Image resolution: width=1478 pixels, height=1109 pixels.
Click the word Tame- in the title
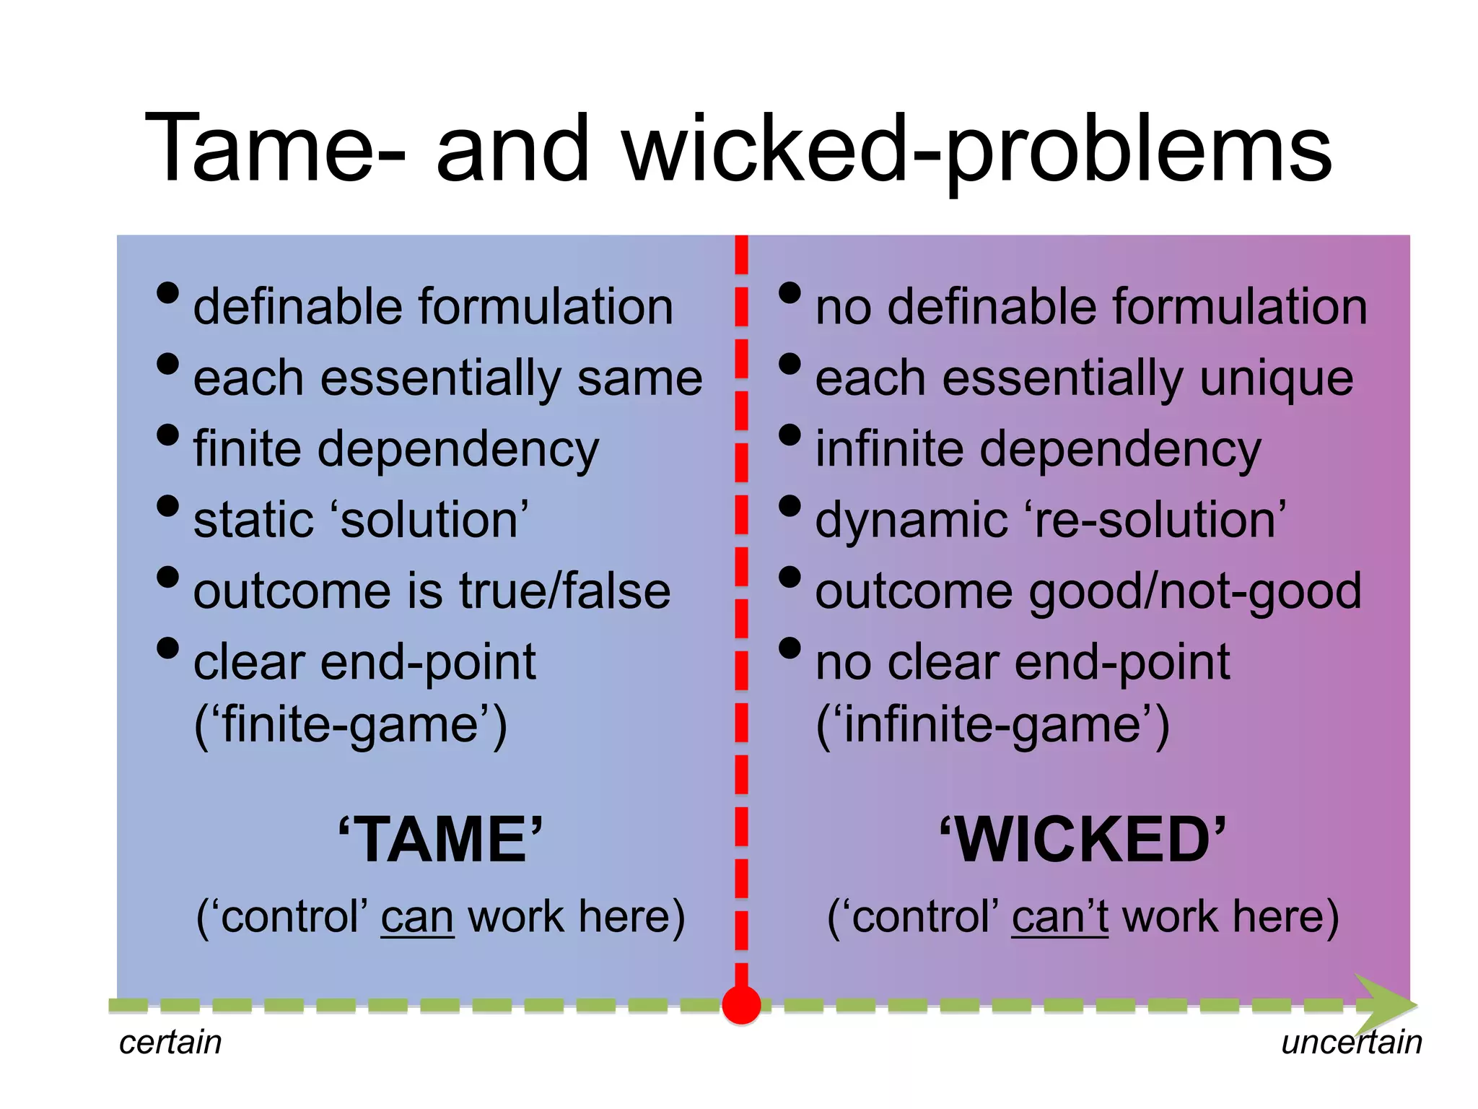[x=274, y=149]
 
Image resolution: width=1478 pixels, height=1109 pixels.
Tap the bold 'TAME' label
[x=440, y=839]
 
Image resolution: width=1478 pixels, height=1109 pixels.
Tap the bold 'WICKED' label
[x=1083, y=839]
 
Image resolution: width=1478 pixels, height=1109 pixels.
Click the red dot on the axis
[x=741, y=1004]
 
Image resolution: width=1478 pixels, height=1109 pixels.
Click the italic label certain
[x=170, y=1043]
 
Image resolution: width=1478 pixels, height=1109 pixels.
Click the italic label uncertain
[x=1351, y=1043]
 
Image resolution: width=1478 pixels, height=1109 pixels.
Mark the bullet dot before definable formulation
[x=167, y=293]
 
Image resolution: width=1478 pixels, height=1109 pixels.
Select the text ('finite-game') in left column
[x=351, y=726]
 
